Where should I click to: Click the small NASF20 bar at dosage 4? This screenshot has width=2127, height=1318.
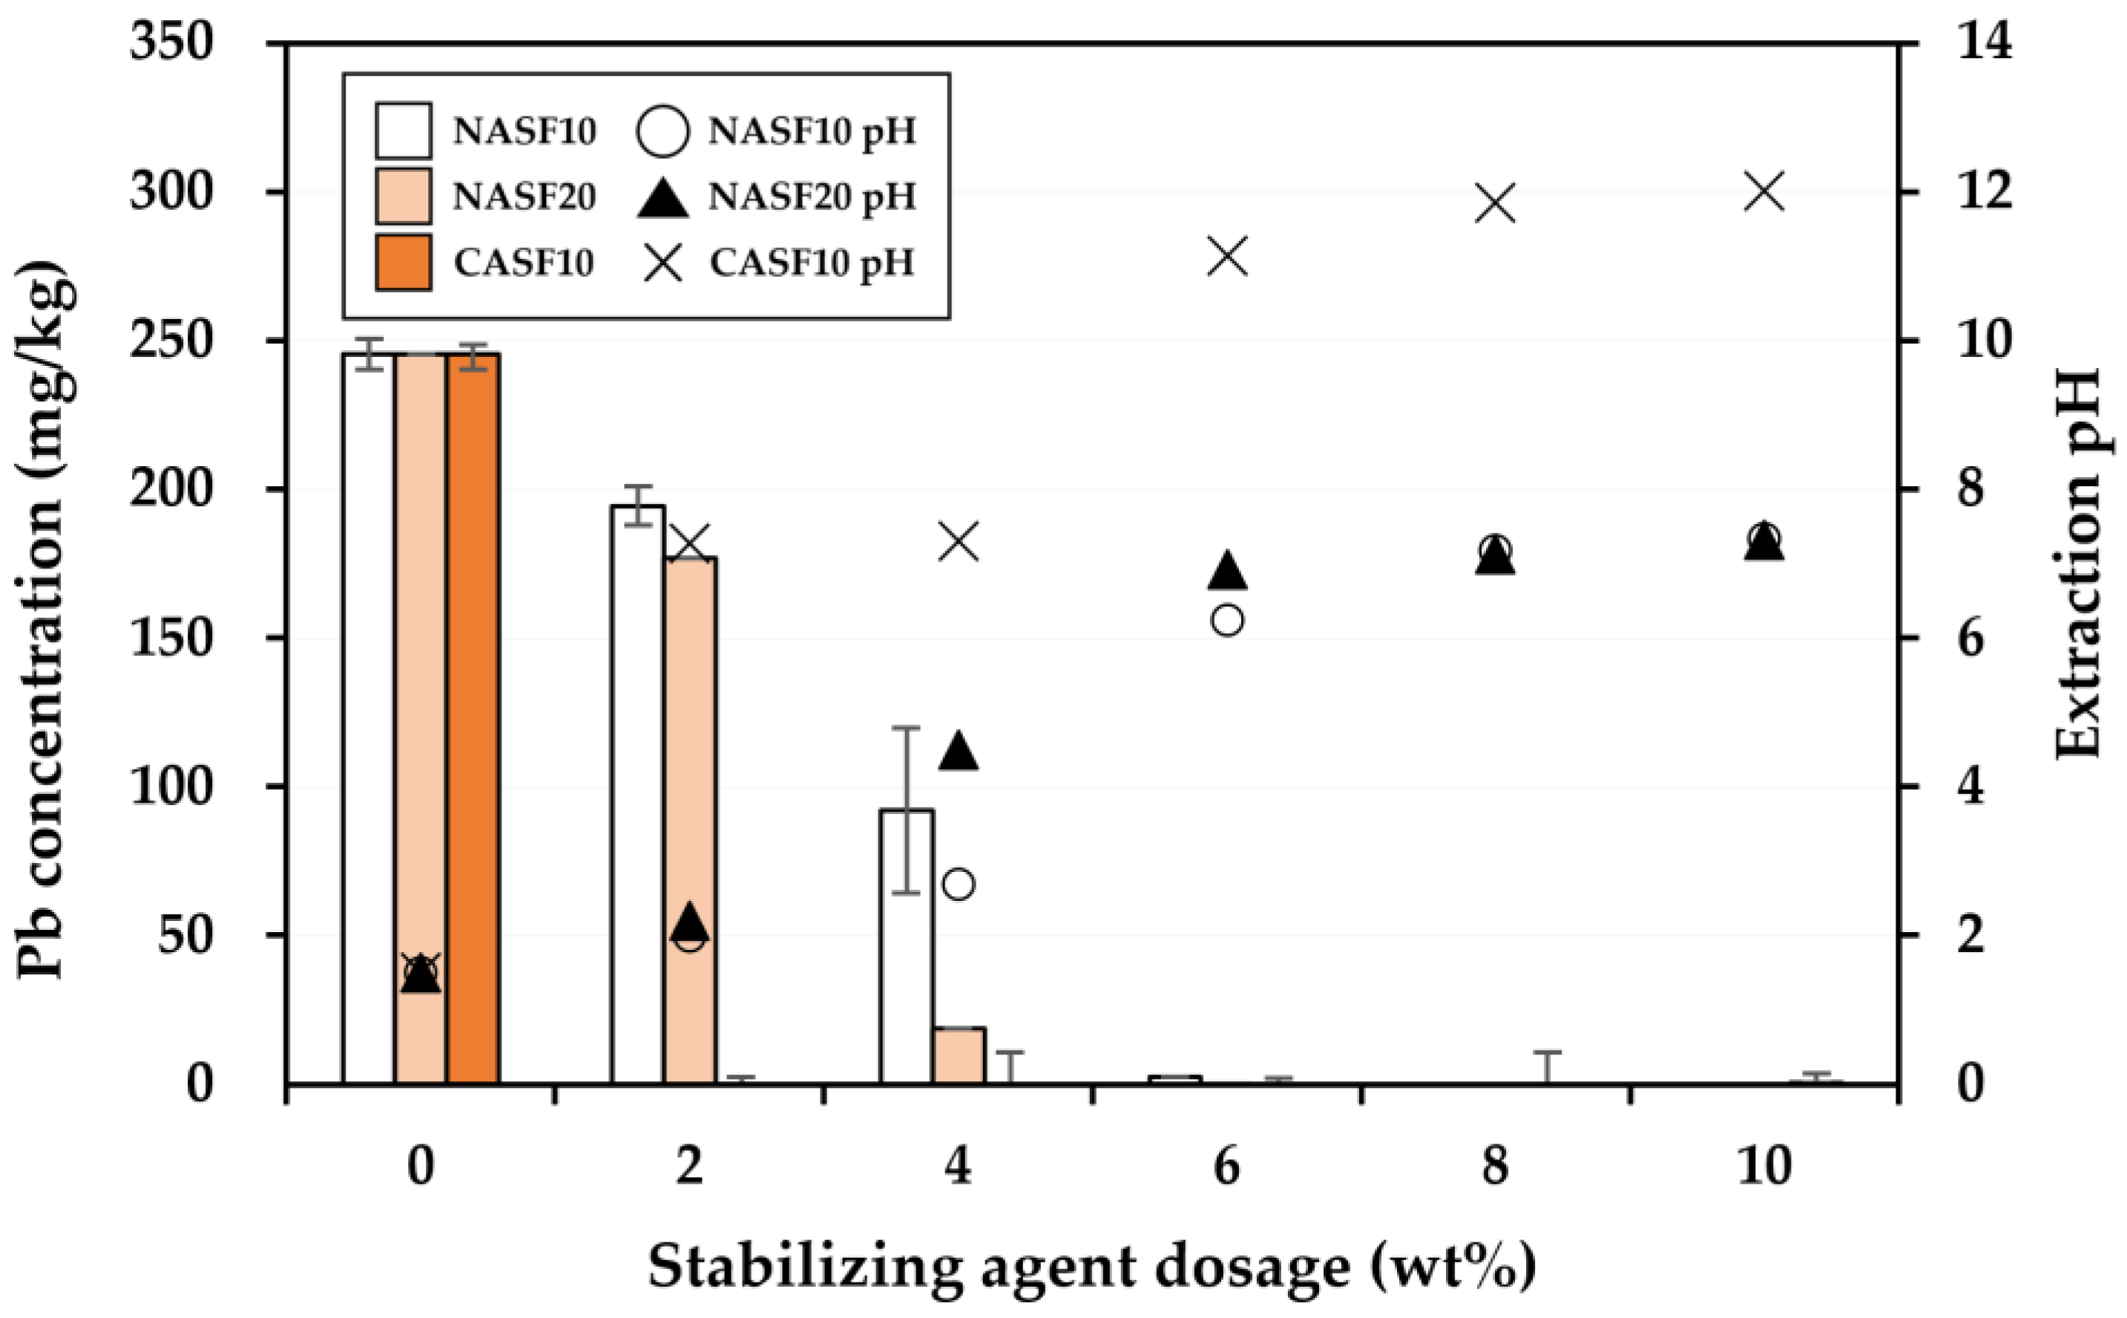pos(959,1055)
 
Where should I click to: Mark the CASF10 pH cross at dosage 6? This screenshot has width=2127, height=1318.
pos(1228,258)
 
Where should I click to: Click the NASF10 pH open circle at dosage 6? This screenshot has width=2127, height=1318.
pos(1227,620)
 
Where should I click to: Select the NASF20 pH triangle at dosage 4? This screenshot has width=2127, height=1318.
pos(959,752)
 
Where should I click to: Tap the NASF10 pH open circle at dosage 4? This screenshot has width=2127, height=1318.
pos(959,885)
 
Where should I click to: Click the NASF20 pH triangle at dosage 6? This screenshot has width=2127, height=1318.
pos(1227,571)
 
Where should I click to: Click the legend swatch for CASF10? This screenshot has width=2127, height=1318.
pos(404,261)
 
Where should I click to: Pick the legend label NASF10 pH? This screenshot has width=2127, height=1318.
pos(812,131)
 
